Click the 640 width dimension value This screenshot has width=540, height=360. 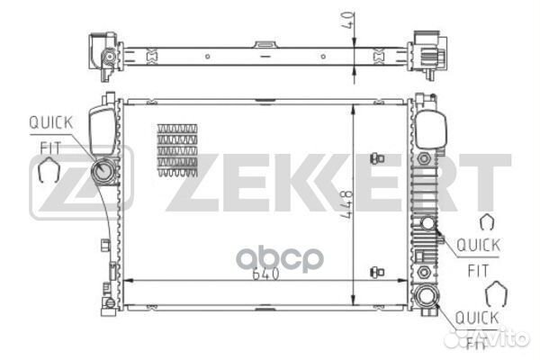click(265, 274)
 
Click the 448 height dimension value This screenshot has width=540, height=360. click(346, 204)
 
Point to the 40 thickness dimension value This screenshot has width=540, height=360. click(348, 20)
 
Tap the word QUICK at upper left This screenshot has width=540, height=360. click(51, 122)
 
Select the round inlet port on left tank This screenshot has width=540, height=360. click(103, 171)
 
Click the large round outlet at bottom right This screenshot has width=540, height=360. click(427, 296)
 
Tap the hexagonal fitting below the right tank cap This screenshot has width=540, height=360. click(424, 158)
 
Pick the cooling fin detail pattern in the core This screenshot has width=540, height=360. click(177, 150)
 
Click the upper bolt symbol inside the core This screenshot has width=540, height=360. click(377, 158)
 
